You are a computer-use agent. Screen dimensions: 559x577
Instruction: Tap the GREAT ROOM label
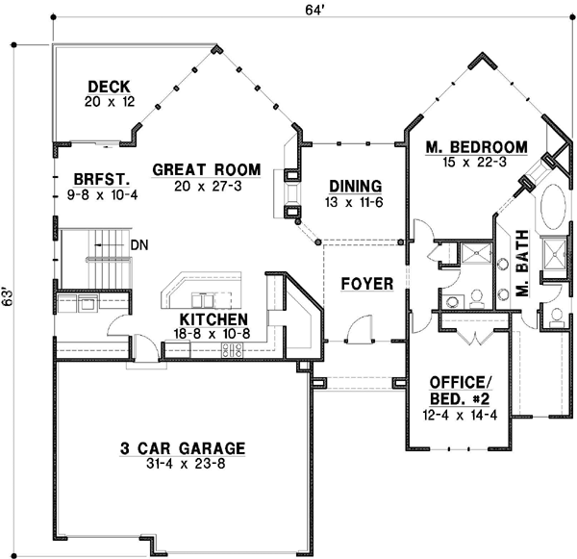(196, 170)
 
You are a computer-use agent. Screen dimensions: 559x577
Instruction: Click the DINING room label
(355, 187)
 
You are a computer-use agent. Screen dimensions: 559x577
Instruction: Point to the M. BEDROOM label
(477, 146)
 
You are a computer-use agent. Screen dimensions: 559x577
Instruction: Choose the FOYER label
(365, 284)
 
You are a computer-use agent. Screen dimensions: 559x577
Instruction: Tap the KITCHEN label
(213, 319)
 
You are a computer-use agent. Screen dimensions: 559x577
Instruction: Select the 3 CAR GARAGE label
(182, 447)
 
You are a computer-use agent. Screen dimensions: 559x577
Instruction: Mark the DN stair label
(138, 245)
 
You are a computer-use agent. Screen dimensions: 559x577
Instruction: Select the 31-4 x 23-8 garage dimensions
(182, 465)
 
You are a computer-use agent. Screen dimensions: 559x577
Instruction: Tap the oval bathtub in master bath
(555, 207)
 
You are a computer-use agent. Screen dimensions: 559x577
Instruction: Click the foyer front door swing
(358, 330)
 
